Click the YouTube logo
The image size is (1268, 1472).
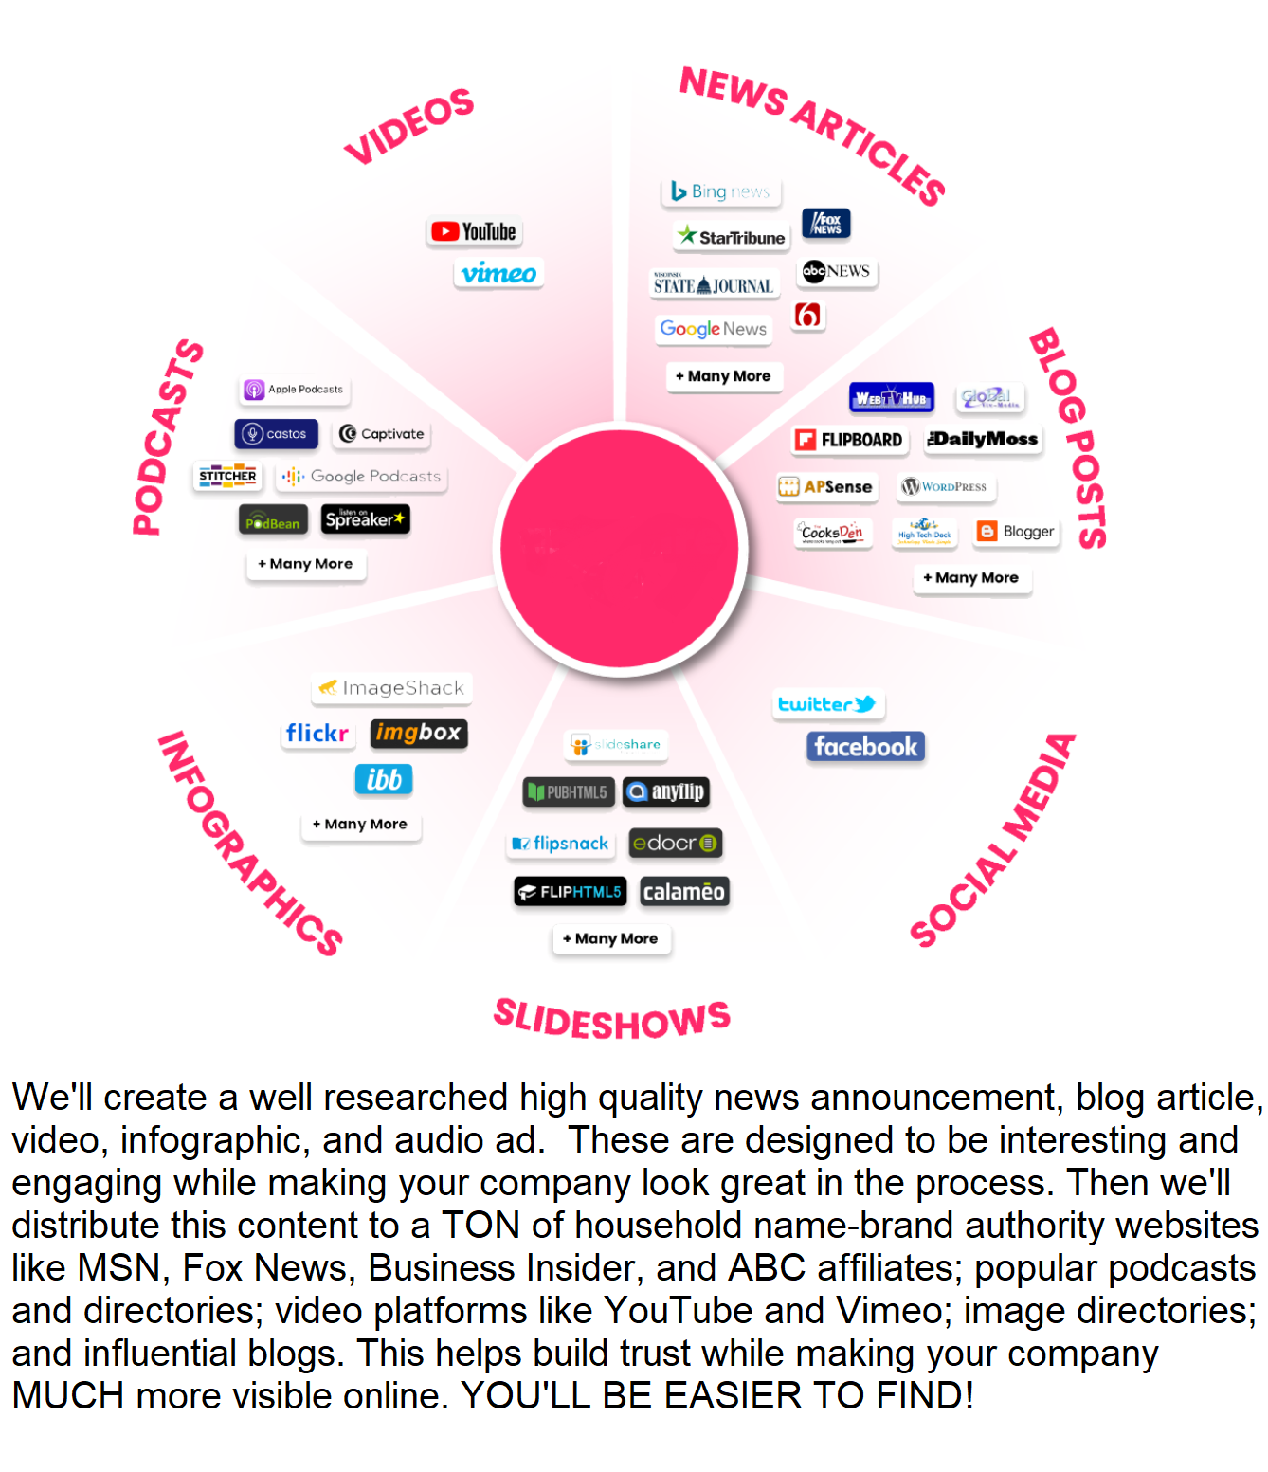(x=474, y=231)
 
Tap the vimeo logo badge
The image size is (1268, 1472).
(x=498, y=273)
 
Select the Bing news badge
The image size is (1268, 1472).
(x=720, y=191)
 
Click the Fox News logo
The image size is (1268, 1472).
(x=826, y=224)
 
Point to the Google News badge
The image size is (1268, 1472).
(x=714, y=329)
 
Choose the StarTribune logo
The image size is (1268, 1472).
(x=732, y=237)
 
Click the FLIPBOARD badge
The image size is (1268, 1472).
(x=849, y=440)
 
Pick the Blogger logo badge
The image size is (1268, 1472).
(x=1016, y=532)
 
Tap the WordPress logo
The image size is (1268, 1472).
(x=944, y=487)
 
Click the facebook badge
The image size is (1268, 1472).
(x=865, y=747)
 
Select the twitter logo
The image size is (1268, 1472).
(x=827, y=704)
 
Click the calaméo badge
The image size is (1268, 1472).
(x=683, y=892)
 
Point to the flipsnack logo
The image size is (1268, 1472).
(x=561, y=844)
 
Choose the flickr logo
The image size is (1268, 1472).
(x=317, y=734)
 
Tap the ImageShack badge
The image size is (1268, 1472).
(x=392, y=688)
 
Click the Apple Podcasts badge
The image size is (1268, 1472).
(x=295, y=390)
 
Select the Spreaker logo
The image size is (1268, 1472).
(x=366, y=519)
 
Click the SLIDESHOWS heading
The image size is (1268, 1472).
(x=612, y=1020)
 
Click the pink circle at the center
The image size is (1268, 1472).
(x=620, y=549)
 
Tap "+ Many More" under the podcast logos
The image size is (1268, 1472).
(x=306, y=564)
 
